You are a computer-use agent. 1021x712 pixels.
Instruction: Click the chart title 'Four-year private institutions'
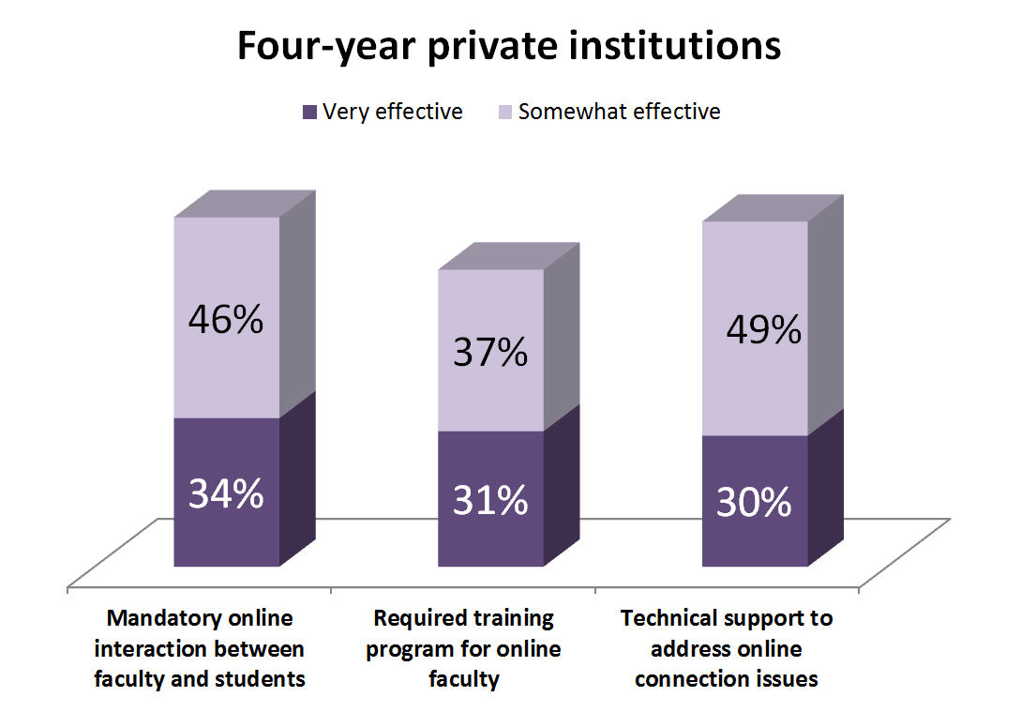click(509, 45)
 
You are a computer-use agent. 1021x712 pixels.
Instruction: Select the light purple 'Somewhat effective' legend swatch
click(505, 113)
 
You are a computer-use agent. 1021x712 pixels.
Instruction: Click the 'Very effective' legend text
click(392, 112)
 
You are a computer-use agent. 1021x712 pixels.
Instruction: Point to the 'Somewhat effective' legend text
click(619, 112)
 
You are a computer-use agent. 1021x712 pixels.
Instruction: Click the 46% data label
click(226, 320)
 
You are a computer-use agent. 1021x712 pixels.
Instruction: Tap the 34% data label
click(226, 493)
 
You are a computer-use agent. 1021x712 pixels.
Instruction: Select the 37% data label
click(490, 353)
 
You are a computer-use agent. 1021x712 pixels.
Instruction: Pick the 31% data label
click(490, 501)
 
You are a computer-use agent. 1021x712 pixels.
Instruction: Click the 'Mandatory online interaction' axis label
click(200, 649)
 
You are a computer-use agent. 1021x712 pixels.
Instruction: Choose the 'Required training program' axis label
click(463, 649)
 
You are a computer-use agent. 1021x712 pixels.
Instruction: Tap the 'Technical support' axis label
click(727, 649)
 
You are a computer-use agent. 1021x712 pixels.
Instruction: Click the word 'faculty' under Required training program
click(463, 679)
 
